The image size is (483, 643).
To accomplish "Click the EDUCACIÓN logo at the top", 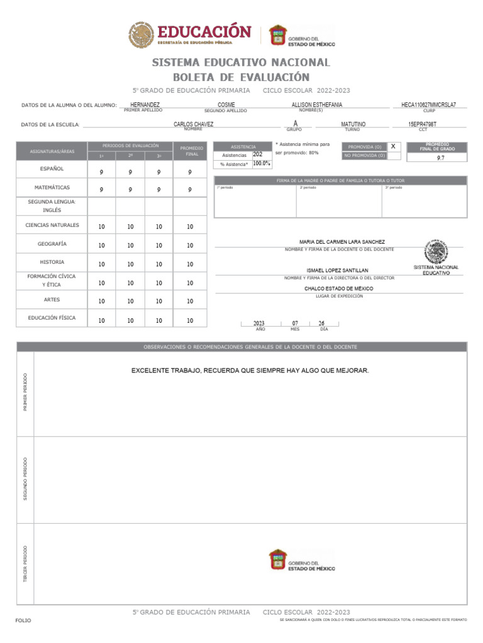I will [190, 35].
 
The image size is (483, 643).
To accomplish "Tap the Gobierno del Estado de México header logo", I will [302, 36].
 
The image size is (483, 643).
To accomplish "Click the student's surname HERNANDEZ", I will [145, 105].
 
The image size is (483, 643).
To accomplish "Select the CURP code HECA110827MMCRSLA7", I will [428, 105].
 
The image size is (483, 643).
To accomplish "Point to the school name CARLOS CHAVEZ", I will [193, 125].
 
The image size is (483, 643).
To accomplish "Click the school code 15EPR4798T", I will [422, 125].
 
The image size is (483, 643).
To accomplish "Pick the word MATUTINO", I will [353, 125].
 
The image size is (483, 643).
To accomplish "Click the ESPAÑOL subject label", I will [52, 169].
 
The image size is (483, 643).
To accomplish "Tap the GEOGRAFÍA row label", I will [52, 244].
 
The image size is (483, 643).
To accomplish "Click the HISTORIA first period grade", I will [101, 264].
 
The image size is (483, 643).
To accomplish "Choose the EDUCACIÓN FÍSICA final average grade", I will [190, 321].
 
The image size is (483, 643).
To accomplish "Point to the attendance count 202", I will [258, 154].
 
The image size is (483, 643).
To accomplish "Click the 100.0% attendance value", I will [262, 164].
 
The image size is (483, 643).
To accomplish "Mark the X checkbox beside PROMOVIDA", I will [393, 146].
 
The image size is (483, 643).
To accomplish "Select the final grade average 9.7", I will [440, 158].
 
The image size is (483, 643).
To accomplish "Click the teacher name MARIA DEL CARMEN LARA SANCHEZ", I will [342, 242].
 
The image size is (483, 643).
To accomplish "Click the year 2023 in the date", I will [258, 323].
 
